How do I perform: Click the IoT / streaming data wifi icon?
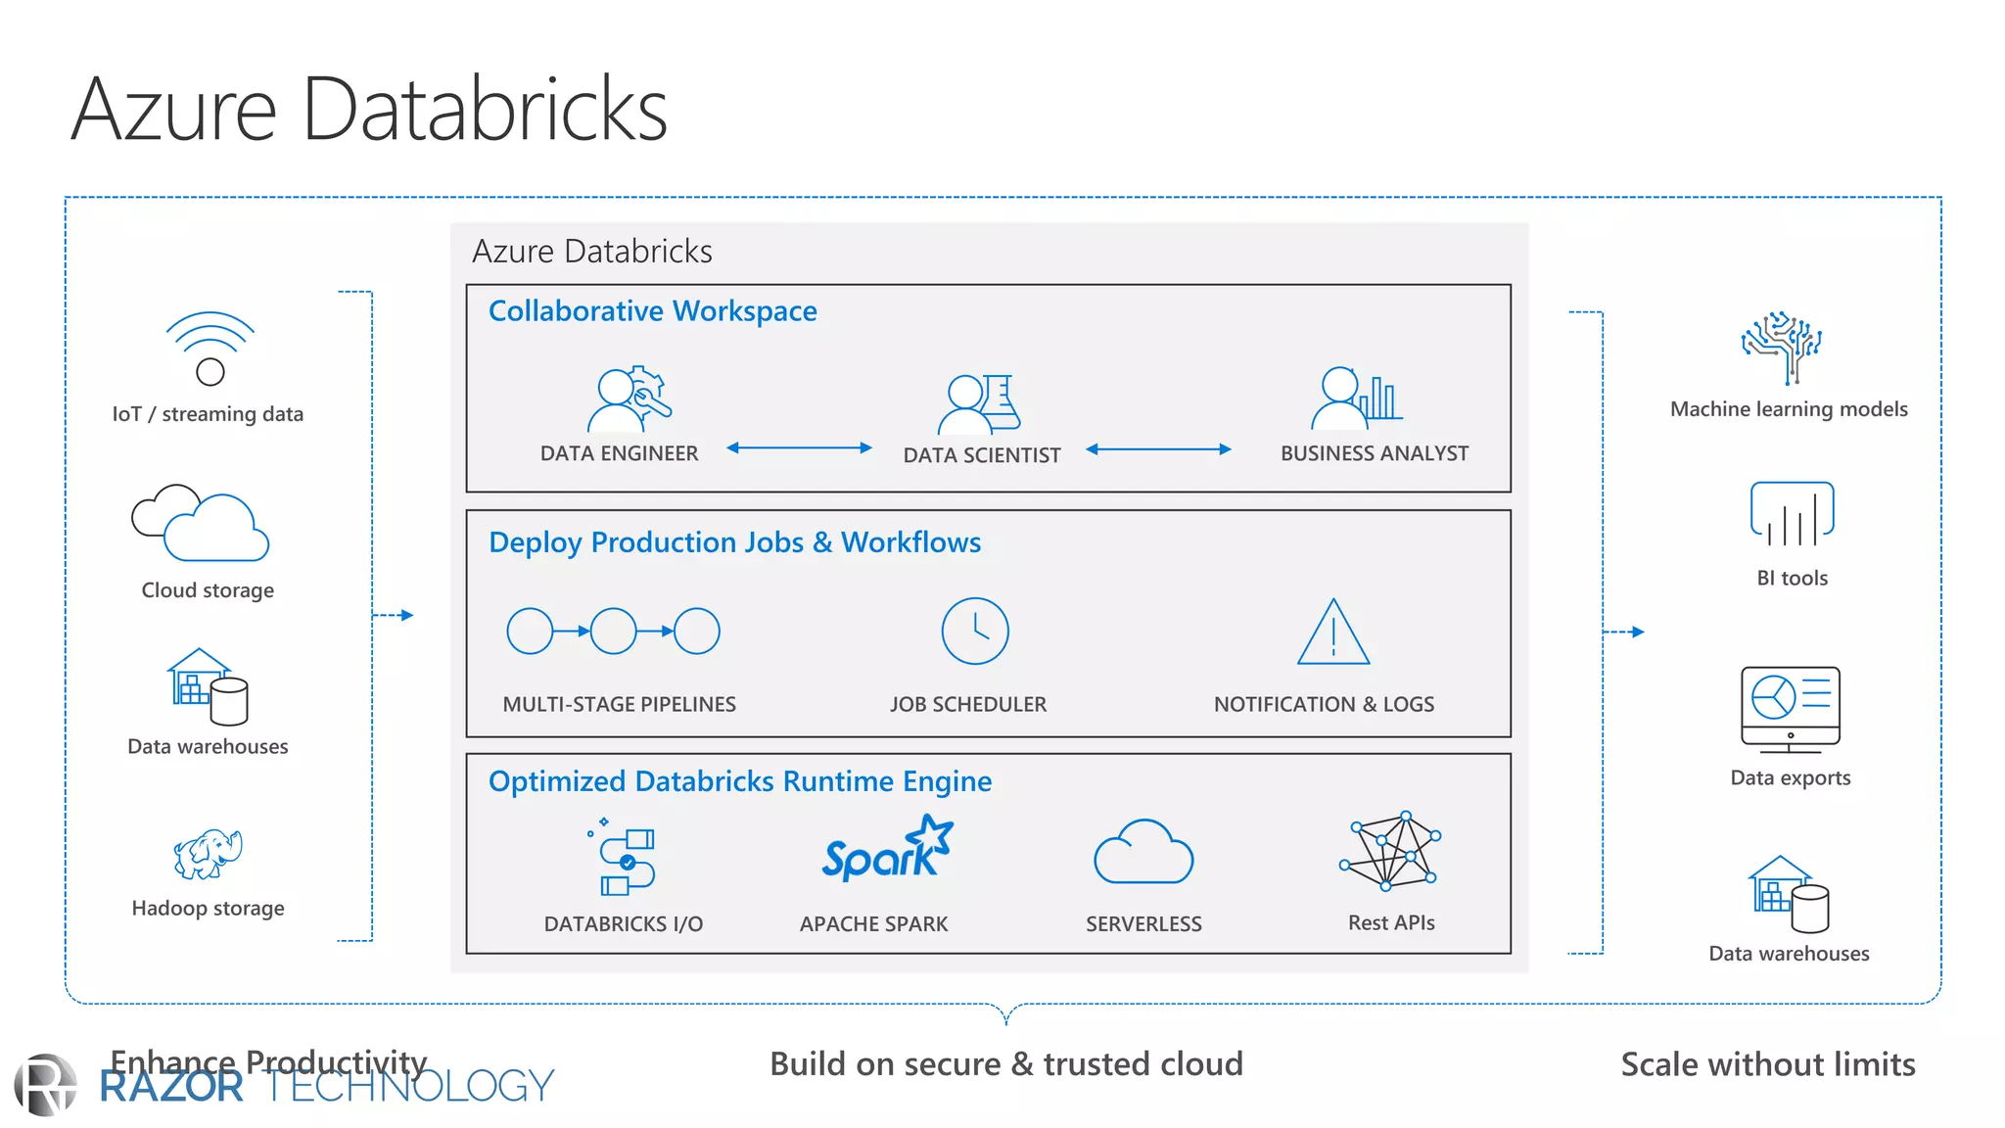(210, 348)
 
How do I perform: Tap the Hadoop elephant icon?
(208, 853)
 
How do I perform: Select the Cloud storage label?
(208, 590)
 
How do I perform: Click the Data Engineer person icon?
(617, 400)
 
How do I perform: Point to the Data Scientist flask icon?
(1000, 401)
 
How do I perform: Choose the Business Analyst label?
(1374, 453)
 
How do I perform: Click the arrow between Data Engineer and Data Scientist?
(799, 447)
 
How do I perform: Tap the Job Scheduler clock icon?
(974, 632)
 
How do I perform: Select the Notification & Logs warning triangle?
(1332, 634)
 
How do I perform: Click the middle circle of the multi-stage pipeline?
(614, 632)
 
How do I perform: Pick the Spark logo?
(887, 849)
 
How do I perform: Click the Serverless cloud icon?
(1142, 853)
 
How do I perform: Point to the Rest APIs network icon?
(1390, 851)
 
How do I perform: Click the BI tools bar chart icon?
(1792, 514)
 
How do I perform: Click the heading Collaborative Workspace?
(652, 311)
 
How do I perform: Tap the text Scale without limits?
(1767, 1064)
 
